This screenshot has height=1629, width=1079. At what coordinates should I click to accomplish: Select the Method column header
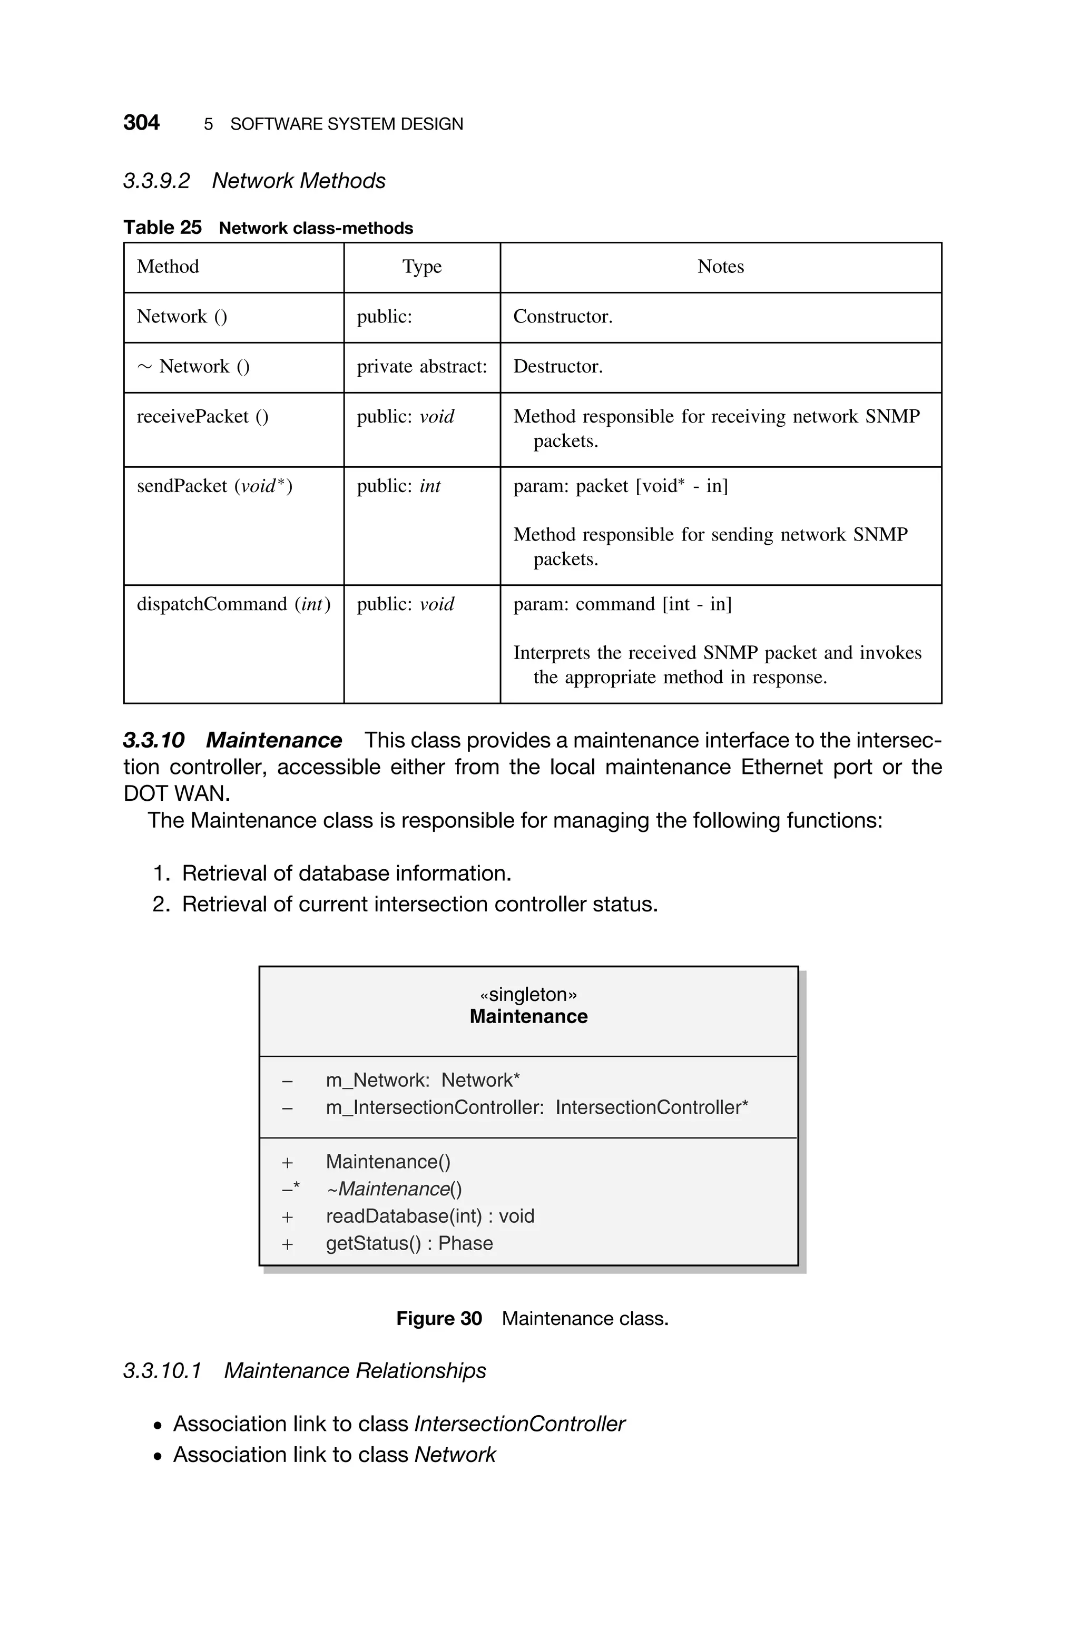[x=168, y=267]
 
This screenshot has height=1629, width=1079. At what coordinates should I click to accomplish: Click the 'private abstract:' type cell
[x=421, y=367]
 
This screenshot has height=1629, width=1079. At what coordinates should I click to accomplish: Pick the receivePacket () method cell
[x=202, y=417]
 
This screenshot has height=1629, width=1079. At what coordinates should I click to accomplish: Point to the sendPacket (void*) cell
[x=214, y=486]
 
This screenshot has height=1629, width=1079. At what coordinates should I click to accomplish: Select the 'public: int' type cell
[x=398, y=486]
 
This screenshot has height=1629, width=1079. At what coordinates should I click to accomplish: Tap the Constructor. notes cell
[x=562, y=317]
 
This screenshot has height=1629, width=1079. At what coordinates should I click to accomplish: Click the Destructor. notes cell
[x=557, y=367]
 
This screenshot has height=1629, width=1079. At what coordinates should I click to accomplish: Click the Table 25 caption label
[x=162, y=228]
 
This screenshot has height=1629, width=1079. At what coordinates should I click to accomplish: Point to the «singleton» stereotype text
[x=528, y=995]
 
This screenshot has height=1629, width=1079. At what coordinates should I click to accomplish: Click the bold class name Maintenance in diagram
[x=528, y=1017]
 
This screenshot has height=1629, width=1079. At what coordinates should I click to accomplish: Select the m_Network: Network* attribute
[x=422, y=1081]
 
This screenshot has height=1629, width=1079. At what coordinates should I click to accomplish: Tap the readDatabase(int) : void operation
[x=429, y=1216]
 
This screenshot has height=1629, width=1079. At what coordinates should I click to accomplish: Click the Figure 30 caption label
[x=438, y=1319]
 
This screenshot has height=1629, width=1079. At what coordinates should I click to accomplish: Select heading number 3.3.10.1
[x=162, y=1371]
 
